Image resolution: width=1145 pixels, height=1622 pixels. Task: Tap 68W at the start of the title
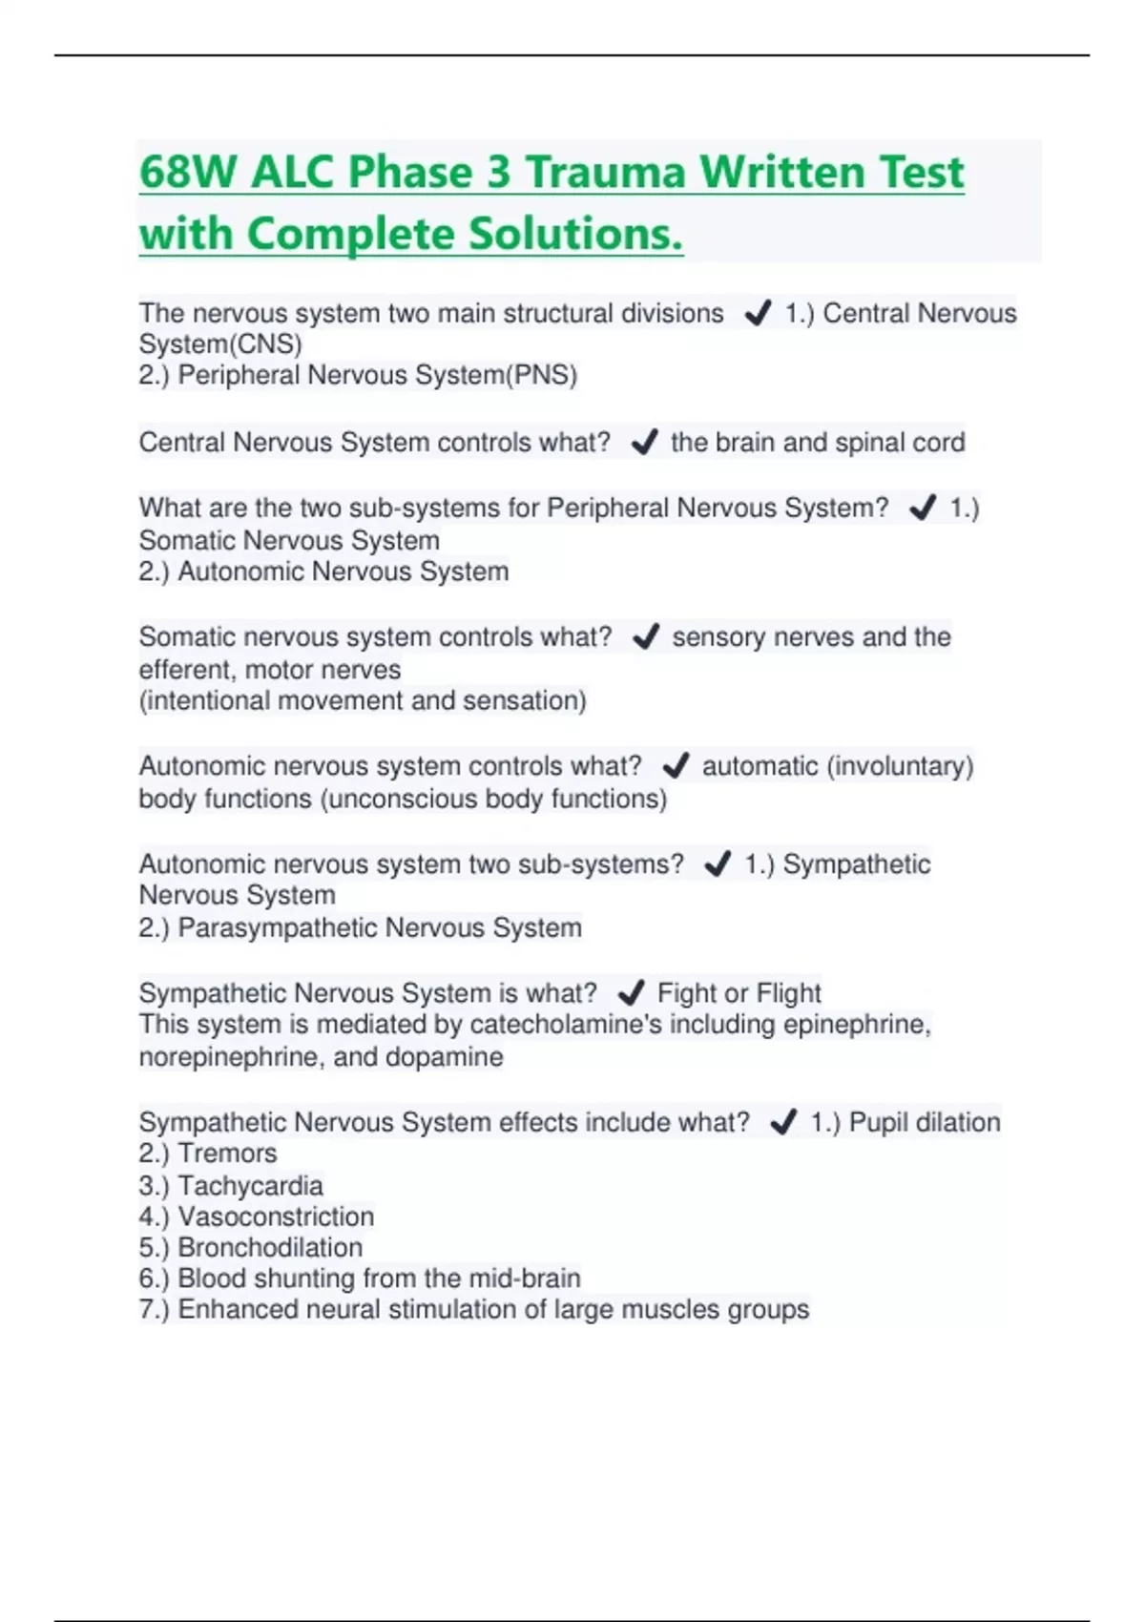[188, 173]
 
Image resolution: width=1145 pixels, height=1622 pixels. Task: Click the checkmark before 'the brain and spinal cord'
[645, 442]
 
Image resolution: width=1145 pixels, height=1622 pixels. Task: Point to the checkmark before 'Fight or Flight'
[631, 993]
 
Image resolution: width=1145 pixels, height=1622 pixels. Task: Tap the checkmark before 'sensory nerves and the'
[646, 636]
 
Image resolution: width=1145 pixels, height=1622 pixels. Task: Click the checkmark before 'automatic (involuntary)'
[676, 765]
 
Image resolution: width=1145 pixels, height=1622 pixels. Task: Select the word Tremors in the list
[227, 1154]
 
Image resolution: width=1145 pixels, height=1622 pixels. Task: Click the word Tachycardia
[250, 1186]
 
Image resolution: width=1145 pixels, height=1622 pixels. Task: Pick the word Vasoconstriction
[276, 1216]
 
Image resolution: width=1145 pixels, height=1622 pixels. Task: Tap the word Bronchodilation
[270, 1247]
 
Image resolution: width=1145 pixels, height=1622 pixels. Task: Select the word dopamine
[445, 1057]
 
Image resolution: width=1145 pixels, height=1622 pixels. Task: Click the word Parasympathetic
[278, 927]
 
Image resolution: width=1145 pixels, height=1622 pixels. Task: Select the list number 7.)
[154, 1309]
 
